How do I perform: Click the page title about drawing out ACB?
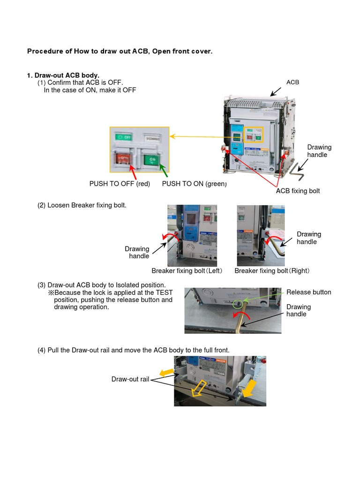click(x=120, y=51)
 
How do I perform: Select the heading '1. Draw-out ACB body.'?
click(x=63, y=75)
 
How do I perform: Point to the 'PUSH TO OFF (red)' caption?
click(x=120, y=184)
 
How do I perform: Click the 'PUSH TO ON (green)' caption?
click(x=194, y=184)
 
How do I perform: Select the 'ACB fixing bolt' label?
click(x=298, y=191)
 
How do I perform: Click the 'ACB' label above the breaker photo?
click(x=292, y=82)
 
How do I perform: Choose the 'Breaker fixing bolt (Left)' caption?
click(x=187, y=271)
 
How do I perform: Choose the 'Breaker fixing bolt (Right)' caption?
click(x=272, y=271)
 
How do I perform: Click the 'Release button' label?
click(x=308, y=292)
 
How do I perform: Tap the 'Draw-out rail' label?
click(x=130, y=379)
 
